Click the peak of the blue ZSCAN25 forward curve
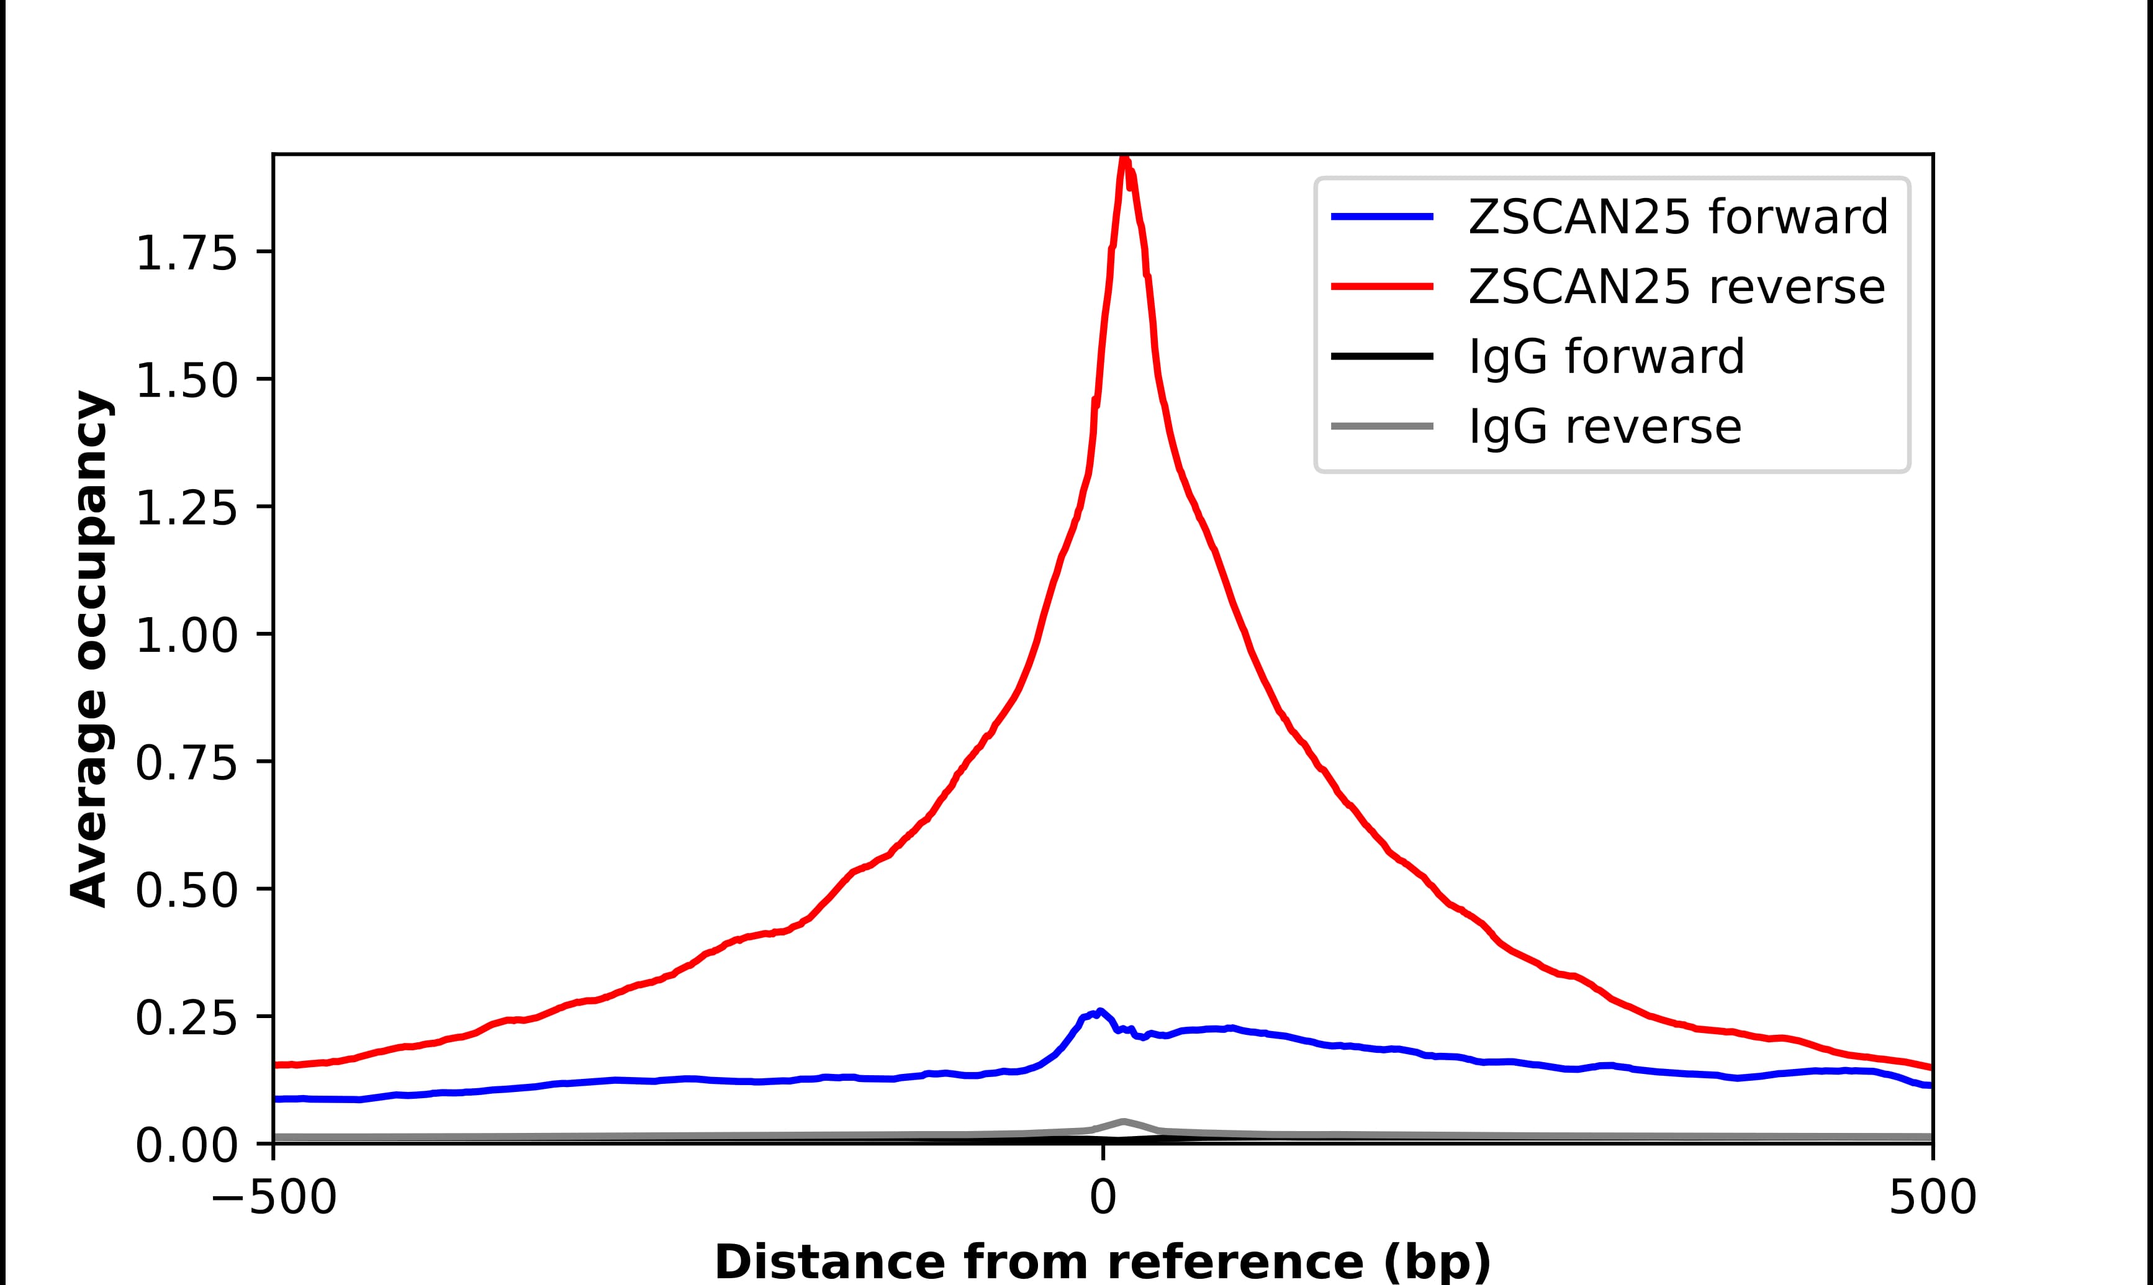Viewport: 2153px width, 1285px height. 1100,1011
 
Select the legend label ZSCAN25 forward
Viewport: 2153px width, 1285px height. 1677,217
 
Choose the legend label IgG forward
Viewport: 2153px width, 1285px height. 1607,357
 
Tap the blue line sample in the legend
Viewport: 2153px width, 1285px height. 1382,217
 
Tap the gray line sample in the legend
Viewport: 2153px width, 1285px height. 1382,426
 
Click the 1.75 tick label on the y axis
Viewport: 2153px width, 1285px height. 186,254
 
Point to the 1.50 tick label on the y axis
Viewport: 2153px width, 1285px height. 186,381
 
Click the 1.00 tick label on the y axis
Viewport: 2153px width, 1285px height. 186,636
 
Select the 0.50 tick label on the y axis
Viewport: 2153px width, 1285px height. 186,890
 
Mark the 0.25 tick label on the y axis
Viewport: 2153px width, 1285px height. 186,1017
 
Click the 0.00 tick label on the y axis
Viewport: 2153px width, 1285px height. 186,1145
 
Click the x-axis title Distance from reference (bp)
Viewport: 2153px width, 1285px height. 1102,1261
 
